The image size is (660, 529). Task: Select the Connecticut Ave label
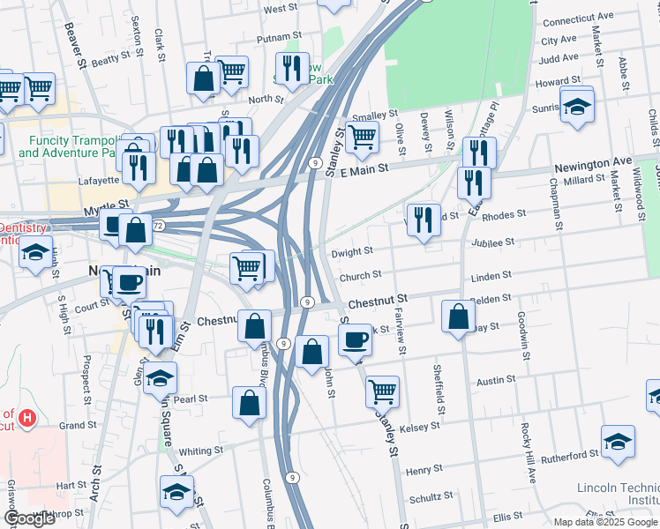pos(578,17)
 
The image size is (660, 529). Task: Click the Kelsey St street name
pos(419,427)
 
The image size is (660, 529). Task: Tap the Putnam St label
pos(280,40)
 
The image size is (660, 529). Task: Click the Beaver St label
pos(74,44)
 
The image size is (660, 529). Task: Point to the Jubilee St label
pos(493,242)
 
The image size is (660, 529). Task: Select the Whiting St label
pos(201,451)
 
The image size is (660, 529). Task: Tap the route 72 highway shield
pos(158,226)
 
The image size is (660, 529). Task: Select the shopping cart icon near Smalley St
pos(362,138)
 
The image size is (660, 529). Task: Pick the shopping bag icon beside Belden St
pos(459,316)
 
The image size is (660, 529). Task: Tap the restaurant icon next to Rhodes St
pos(424,220)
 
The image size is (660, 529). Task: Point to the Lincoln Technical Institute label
pos(618,493)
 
